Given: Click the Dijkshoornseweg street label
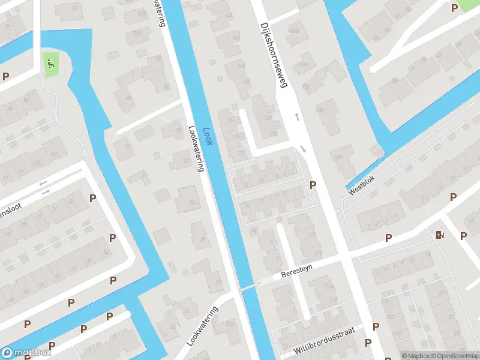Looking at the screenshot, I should click(271, 55).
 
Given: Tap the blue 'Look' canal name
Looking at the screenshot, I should click(206, 131).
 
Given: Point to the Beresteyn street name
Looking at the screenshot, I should click(298, 272).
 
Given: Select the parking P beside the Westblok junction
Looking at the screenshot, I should click(313, 185).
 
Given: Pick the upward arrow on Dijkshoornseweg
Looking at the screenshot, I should click(296, 116).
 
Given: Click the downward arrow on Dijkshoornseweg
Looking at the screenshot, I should click(303, 149).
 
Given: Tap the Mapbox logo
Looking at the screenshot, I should click(27, 353).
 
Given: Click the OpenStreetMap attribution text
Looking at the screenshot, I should click(454, 356).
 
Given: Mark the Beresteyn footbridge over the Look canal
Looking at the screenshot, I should click(247, 287).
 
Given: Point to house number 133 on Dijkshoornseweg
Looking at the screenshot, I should click(274, 133).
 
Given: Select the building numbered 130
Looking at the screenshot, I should click(320, 110).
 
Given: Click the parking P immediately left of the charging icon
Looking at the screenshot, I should click(388, 238).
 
